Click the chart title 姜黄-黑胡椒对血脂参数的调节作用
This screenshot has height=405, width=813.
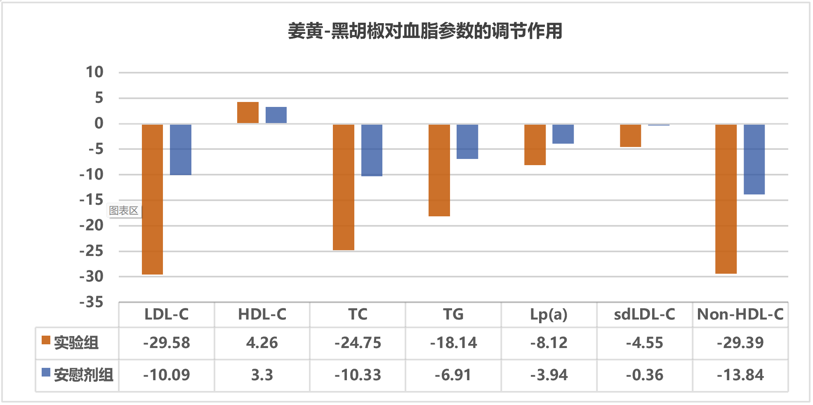[425, 31]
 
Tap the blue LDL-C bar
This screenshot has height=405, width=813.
[181, 149]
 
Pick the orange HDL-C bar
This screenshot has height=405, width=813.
[248, 113]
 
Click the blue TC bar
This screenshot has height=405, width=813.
[372, 150]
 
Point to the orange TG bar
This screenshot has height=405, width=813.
[439, 170]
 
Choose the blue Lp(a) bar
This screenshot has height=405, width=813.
[563, 134]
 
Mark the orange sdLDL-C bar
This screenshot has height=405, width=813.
[630, 135]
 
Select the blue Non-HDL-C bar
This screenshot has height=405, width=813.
[754, 159]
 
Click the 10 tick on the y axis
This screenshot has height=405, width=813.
[94, 72]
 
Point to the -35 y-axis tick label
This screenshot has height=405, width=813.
[92, 302]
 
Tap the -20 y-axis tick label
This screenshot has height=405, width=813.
[92, 225]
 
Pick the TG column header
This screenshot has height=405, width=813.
[453, 315]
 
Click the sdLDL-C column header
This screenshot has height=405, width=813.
[644, 315]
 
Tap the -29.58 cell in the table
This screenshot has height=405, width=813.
[167, 343]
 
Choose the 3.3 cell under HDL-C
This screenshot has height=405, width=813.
[262, 375]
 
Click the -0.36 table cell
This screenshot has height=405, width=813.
[644, 375]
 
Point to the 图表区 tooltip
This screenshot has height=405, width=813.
[124, 211]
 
